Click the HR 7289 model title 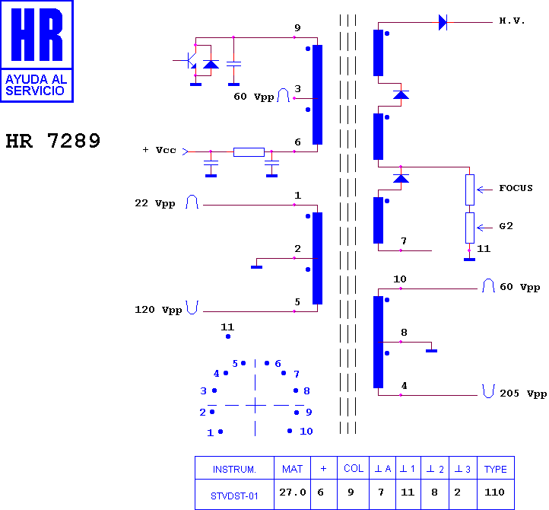[x=53, y=141]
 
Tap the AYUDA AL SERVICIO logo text [x=36, y=84]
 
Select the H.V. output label [x=512, y=21]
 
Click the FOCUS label [x=516, y=188]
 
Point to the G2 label [x=506, y=226]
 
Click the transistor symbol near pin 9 [x=189, y=60]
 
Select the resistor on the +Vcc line [x=249, y=151]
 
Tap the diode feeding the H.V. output [x=443, y=22]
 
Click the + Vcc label [x=160, y=150]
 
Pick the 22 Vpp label [x=155, y=203]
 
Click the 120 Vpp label [x=158, y=310]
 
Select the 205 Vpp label [x=523, y=394]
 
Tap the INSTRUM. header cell [x=234, y=469]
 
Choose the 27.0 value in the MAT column [x=293, y=492]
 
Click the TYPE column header [x=496, y=469]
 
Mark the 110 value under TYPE [x=494, y=492]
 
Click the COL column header [x=354, y=469]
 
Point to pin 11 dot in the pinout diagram [x=228, y=336]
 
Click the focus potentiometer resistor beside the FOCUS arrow [x=470, y=190]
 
